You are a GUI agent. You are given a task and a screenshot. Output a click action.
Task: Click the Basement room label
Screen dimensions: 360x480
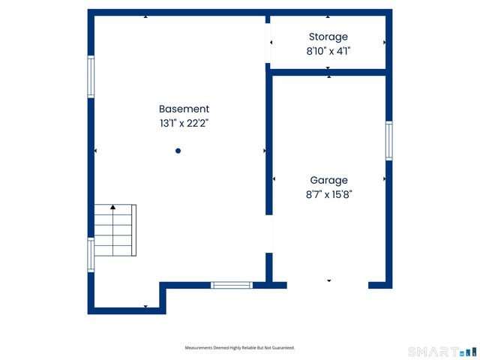point(184,109)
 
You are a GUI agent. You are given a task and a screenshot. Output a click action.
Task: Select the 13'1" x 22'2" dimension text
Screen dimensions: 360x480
point(184,123)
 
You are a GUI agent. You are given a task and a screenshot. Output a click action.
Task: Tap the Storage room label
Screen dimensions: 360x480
point(328,37)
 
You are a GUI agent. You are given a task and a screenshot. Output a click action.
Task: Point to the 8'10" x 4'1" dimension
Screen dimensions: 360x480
point(328,51)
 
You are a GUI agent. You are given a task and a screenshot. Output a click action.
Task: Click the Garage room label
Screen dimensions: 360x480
point(328,180)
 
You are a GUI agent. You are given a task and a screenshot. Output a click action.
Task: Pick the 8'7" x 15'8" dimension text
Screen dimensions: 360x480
point(328,193)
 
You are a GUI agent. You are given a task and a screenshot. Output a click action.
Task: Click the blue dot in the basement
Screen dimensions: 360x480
point(178,151)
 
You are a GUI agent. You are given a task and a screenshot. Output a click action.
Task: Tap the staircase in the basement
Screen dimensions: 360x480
point(113,230)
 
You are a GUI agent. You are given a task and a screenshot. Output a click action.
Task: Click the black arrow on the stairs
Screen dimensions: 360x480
point(113,206)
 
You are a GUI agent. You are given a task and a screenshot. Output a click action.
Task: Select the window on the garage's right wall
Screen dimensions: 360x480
point(389,140)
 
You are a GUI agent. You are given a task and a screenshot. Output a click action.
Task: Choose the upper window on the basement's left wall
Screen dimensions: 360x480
point(91,76)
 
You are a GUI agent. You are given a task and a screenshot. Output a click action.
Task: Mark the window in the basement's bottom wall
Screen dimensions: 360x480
point(230,285)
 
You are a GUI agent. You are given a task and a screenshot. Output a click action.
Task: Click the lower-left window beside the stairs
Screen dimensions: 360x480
point(91,254)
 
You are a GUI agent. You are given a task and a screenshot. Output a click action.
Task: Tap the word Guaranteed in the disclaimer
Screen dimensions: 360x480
point(280,348)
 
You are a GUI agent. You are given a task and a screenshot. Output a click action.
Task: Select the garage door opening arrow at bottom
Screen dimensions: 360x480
point(328,280)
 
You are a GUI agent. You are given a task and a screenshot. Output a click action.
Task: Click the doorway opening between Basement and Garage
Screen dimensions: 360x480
point(269,235)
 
